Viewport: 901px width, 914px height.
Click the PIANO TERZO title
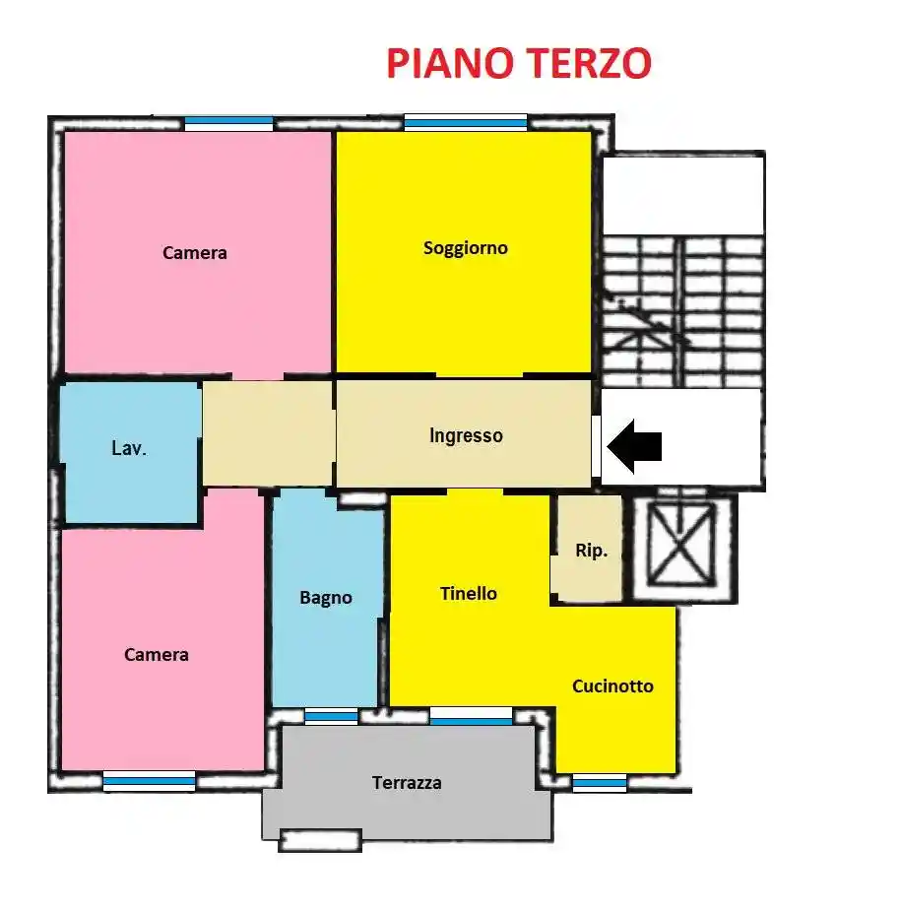(x=518, y=63)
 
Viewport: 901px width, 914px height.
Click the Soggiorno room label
(x=466, y=248)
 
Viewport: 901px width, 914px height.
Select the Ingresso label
(x=466, y=435)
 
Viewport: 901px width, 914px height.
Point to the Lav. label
(x=129, y=449)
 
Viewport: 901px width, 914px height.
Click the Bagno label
(x=326, y=598)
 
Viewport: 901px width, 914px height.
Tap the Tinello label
(x=469, y=594)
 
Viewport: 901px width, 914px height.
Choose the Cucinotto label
(x=612, y=686)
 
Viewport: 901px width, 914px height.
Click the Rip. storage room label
(x=591, y=552)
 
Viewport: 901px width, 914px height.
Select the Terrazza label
(x=407, y=784)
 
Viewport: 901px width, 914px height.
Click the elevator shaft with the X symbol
(x=682, y=547)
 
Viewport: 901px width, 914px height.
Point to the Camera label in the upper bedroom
(x=195, y=253)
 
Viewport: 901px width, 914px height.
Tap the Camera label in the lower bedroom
(x=157, y=655)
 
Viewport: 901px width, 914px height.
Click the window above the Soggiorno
(x=466, y=123)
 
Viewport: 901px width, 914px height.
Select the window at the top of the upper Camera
(x=228, y=123)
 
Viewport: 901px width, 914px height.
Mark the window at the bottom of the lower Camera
(x=150, y=781)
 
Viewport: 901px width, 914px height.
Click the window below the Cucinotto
(x=600, y=784)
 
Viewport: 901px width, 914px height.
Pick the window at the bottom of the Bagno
(x=331, y=716)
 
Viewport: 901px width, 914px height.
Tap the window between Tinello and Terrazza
(x=471, y=716)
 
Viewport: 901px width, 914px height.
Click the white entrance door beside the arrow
(x=596, y=446)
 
